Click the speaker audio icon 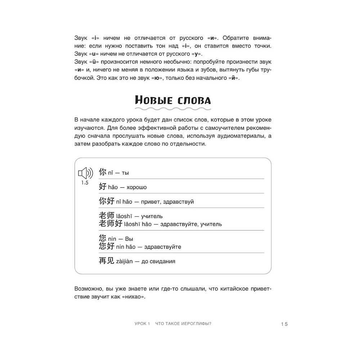click(85, 174)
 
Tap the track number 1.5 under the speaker click(85, 183)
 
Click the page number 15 click(284, 324)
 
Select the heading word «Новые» click(154, 100)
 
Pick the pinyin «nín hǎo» click(127, 247)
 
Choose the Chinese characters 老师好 click(111, 224)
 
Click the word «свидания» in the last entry click(164, 261)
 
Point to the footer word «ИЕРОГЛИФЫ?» click(196, 324)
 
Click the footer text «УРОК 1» click(139, 324)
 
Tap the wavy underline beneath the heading click(173, 108)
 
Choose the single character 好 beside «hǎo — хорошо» click(102, 187)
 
